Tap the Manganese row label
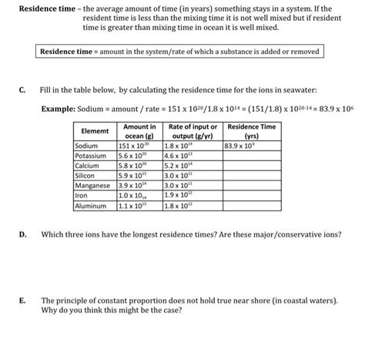pos(92,186)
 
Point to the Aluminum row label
pos(89,206)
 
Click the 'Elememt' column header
pos(92,131)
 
